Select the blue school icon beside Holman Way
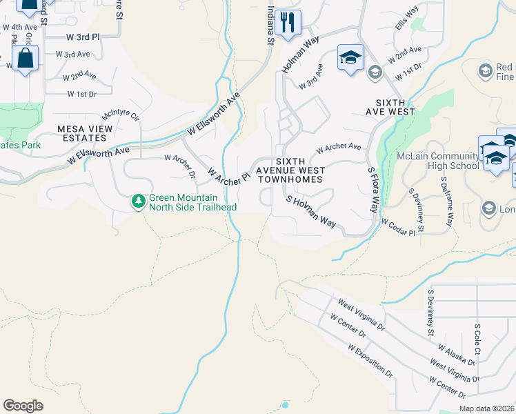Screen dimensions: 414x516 (350, 58)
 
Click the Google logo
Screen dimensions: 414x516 (23, 405)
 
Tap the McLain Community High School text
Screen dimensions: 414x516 (438, 161)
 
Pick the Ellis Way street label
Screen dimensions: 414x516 (407, 19)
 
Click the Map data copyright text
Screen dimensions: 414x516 (486, 408)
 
